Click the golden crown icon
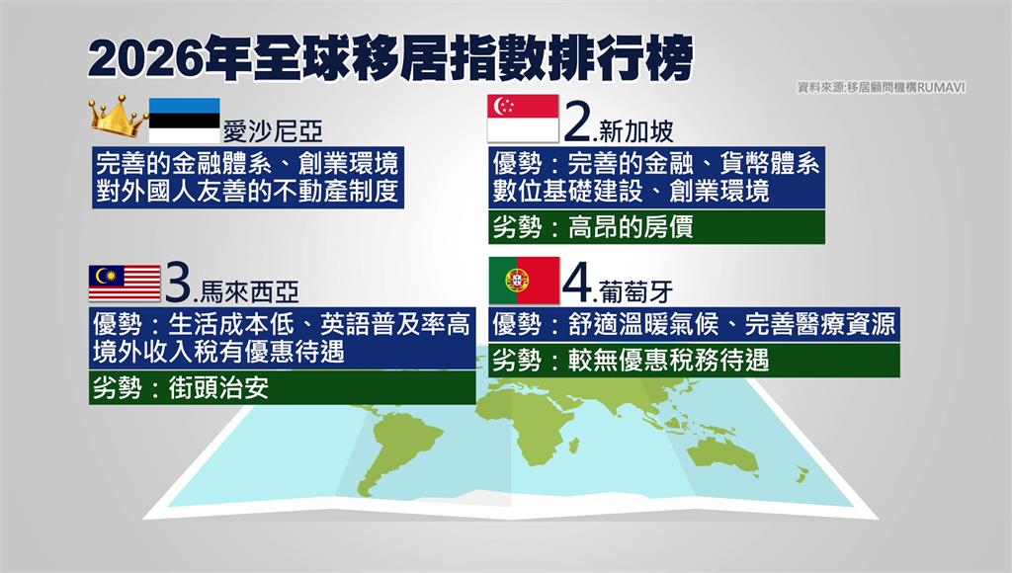tap(119, 117)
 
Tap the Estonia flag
tap(185, 120)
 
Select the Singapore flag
tap(523, 119)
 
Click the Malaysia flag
tap(125, 284)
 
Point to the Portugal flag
tap(524, 280)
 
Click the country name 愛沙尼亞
tap(273, 131)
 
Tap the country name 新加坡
tap(636, 131)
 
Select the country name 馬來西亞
tap(249, 292)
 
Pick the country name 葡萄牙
tap(636, 291)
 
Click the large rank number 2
tap(577, 122)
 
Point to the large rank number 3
tap(178, 282)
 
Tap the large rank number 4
tap(577, 282)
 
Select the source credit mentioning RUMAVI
tap(882, 87)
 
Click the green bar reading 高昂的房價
tap(656, 227)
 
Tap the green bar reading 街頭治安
tap(282, 388)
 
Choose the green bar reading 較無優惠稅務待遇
tap(694, 360)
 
